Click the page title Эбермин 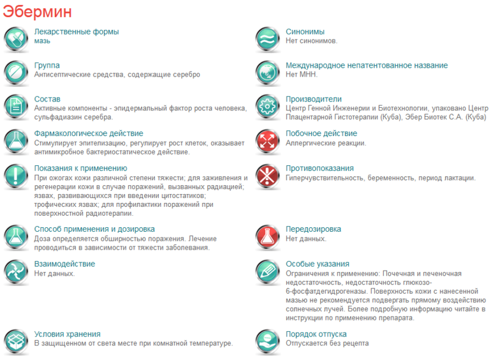pos(37,12)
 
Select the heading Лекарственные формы pos(76,31)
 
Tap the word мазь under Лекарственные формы pos(42,41)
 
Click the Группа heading pos(47,65)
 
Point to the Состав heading pos(47,99)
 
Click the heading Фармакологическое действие pos(88,133)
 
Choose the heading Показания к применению pos(80,168)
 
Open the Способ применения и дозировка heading pos(94,229)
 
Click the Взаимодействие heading pos(64,264)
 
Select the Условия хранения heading pos(67,334)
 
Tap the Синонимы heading pos(305,31)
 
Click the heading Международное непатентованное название pos(367,65)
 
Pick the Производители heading pos(313,99)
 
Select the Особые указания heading pos(317,264)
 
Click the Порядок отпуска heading pos(316,334)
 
